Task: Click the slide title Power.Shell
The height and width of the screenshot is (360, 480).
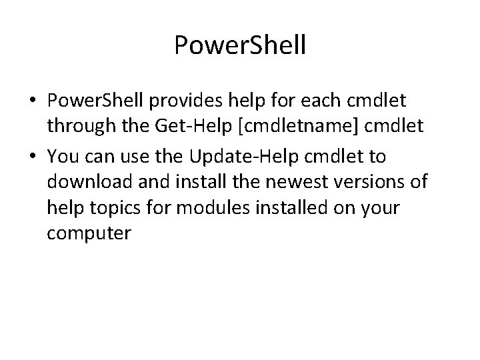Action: pos(239,45)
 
